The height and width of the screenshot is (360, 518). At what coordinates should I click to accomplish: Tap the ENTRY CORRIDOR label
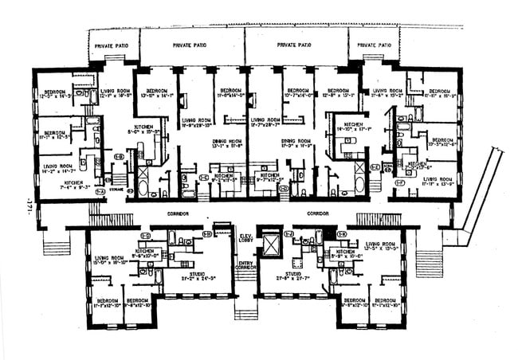[246, 266]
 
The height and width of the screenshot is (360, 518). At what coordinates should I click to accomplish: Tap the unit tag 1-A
[101, 191]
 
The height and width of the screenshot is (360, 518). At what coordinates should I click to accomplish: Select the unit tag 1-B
[120, 156]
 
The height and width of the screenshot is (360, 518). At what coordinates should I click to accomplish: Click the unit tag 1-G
[146, 235]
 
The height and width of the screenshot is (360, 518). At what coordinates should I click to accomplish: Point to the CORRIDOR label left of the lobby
[177, 215]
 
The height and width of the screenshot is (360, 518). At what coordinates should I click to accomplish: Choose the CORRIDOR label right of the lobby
[319, 215]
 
